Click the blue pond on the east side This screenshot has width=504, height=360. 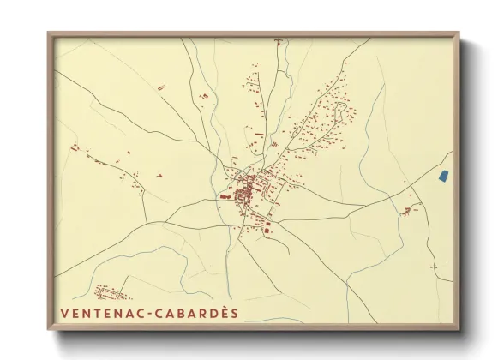click(443, 176)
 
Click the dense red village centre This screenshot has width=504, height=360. click(247, 189)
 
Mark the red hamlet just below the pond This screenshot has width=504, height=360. click(410, 208)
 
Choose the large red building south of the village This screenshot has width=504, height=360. click(267, 227)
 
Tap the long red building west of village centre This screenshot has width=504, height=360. click(225, 196)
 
